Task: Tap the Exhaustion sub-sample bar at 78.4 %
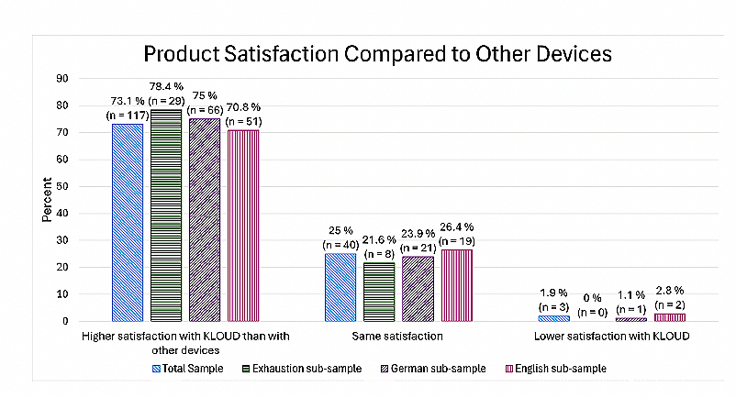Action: click(167, 215)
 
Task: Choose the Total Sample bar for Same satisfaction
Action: click(340, 287)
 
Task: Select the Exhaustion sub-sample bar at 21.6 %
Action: click(380, 292)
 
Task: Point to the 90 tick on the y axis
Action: click(63, 79)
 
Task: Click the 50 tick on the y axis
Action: click(63, 186)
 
